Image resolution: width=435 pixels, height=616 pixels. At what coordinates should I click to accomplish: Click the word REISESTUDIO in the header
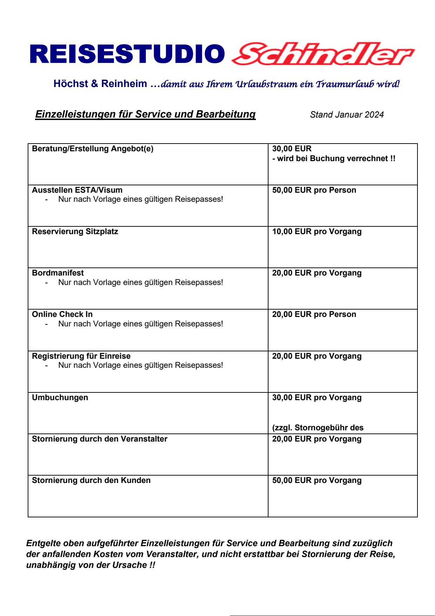pos(128,55)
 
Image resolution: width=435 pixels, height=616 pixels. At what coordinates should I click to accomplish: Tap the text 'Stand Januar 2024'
pos(347,115)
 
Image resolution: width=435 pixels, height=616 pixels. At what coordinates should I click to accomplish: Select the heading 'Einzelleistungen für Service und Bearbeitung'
pos(145,114)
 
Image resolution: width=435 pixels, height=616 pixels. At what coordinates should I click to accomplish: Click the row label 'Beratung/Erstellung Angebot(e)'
pos(93,149)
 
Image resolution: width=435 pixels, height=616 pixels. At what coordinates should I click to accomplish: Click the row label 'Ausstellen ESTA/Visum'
pos(77,190)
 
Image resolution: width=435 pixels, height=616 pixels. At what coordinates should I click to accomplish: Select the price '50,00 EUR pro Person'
pos(314,190)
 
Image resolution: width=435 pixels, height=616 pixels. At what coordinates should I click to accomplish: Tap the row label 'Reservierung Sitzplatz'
pos(75,232)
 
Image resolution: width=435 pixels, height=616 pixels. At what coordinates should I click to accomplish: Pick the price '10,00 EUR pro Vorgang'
pos(317,232)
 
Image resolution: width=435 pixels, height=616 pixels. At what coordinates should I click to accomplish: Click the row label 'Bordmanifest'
pos(58,273)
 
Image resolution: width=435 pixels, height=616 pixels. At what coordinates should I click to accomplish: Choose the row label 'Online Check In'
pos(62,314)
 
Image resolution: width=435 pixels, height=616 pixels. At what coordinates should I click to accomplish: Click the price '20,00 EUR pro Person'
pos(314,314)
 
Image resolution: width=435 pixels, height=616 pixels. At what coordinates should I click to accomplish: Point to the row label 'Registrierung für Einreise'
pos(81,356)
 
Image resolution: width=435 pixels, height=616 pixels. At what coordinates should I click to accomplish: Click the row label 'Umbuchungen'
pos(60,398)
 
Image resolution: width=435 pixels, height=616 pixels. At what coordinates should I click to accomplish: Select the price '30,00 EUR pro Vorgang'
pos(317,398)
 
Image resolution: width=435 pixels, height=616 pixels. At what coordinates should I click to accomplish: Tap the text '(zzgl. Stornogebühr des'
pos(318,428)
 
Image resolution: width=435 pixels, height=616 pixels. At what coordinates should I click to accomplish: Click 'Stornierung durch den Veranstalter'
pos(100,439)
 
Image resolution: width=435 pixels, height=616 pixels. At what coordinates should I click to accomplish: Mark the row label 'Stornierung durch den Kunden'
pos(91,481)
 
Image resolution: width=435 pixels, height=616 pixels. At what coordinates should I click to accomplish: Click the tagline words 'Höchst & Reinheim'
pos(100,84)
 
